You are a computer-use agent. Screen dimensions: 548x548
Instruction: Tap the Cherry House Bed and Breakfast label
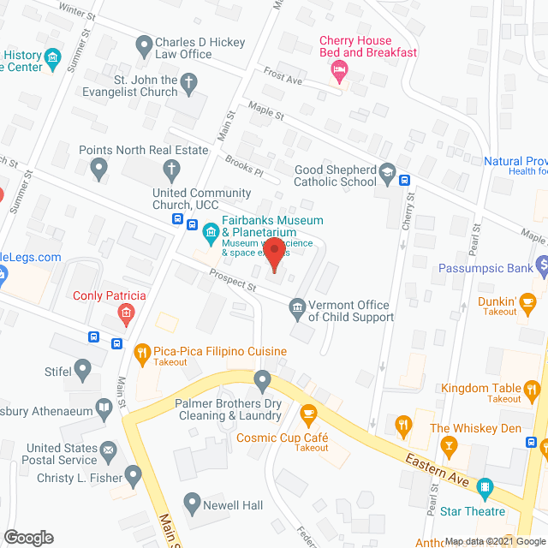[367, 46]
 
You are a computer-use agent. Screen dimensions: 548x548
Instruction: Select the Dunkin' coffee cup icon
[528, 301]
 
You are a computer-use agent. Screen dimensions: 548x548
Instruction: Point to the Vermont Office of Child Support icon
[297, 307]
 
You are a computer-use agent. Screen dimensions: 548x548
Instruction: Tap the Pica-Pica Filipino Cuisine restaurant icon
[143, 351]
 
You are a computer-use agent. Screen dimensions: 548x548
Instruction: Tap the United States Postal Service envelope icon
[109, 448]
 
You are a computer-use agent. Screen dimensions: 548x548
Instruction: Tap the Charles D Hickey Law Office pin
[142, 43]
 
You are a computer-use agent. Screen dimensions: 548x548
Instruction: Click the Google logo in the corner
[27, 537]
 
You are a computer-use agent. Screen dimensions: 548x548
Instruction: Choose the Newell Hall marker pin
[191, 505]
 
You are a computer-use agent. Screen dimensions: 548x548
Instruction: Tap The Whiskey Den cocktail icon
[446, 444]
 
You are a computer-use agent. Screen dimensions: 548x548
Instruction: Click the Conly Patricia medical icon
[127, 313]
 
